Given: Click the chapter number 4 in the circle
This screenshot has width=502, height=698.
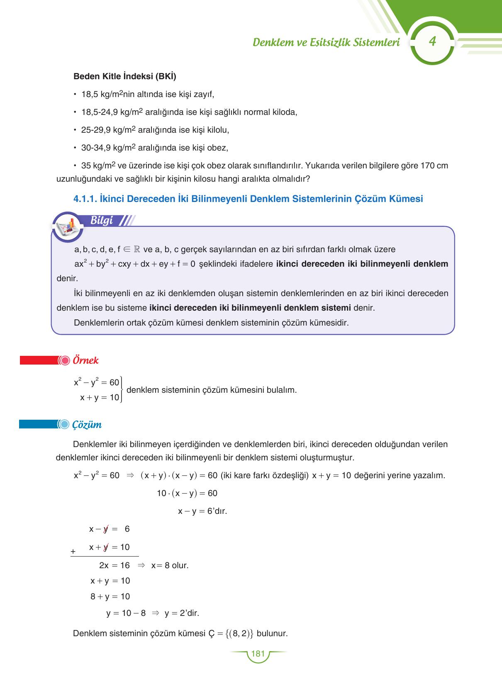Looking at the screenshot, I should tap(432, 42).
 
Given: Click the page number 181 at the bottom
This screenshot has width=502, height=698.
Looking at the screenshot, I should tap(258, 654).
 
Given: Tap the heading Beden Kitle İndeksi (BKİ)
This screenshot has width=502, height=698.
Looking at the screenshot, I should tap(124, 76).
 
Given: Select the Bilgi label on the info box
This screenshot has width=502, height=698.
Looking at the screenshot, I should tap(102, 221).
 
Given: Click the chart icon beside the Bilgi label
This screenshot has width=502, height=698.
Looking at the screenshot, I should tap(67, 226).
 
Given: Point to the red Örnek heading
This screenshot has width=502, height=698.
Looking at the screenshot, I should tap(85, 360).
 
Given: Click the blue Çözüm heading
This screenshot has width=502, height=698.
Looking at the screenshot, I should tap(87, 425).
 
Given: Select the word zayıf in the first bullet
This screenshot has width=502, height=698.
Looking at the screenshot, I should tap(203, 94).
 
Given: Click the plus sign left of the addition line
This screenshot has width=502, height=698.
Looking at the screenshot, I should tap(73, 552).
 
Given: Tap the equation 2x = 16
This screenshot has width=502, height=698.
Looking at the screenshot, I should tap(114, 565).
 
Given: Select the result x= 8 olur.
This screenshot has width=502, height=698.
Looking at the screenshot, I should tap(170, 565).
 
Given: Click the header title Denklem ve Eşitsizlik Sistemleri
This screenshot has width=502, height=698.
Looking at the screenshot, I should tap(326, 42).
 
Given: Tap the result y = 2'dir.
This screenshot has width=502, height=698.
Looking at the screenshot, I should tap(182, 613).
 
